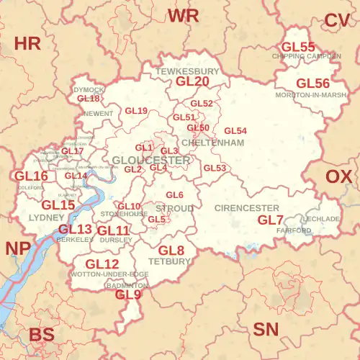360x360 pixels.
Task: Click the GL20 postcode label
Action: click(x=192, y=82)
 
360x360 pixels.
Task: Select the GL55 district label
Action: click(x=298, y=47)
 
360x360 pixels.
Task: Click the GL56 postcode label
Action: click(x=313, y=84)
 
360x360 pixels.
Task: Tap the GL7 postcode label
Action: click(x=271, y=220)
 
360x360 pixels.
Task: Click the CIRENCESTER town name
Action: click(x=247, y=207)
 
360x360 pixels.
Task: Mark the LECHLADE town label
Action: click(x=321, y=218)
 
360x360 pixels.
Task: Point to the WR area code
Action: click(x=183, y=16)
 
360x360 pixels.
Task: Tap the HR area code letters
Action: click(x=27, y=43)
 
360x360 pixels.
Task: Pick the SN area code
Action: click(x=266, y=330)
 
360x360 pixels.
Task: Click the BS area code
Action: click(x=42, y=335)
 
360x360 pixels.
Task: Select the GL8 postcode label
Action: click(x=171, y=251)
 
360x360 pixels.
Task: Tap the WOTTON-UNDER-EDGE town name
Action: click(x=109, y=274)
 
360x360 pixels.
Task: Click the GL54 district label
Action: click(x=235, y=130)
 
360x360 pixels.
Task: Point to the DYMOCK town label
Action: click(x=89, y=89)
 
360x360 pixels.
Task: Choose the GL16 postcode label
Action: click(x=31, y=176)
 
